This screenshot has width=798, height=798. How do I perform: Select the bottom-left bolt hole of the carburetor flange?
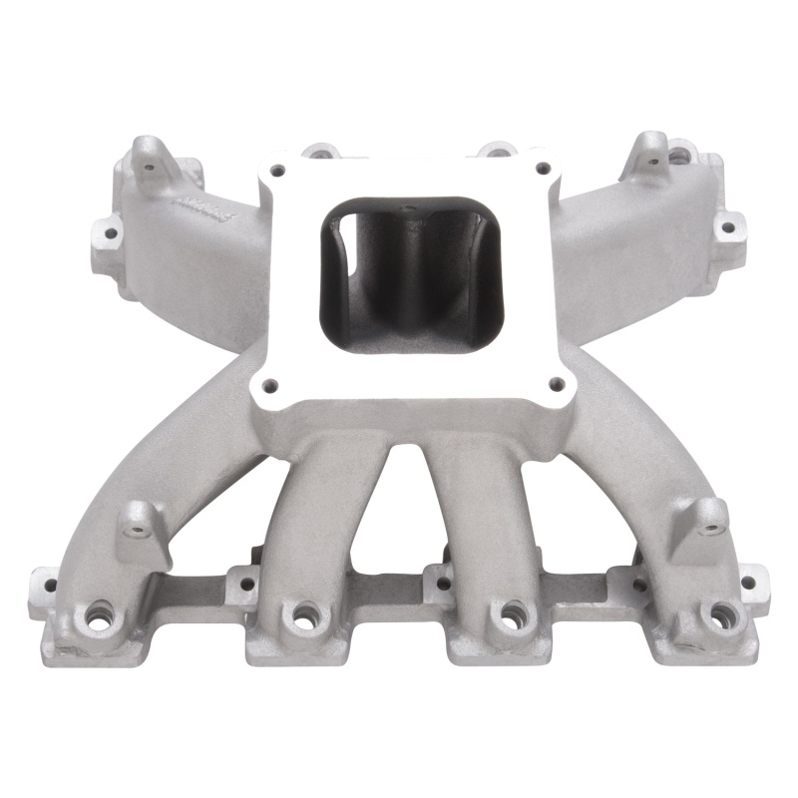tap(267, 381)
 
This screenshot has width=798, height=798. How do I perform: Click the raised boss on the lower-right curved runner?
tap(710, 515)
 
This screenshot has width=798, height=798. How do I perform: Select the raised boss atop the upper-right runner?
tap(653, 148)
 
